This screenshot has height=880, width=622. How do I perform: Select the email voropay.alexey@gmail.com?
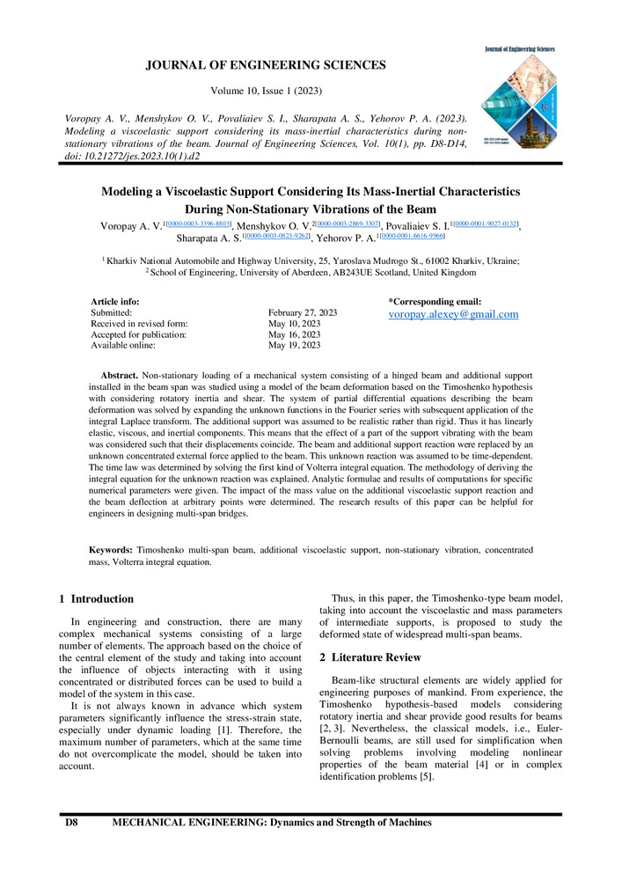point(453,314)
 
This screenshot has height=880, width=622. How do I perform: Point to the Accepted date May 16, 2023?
point(294,334)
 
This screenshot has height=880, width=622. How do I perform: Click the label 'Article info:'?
point(115,301)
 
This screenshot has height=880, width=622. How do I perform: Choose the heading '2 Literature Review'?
point(370,657)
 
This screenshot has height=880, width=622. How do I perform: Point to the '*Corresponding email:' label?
point(435,301)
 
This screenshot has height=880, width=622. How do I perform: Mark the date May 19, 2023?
point(294,346)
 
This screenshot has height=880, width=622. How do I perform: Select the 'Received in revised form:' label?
point(139,324)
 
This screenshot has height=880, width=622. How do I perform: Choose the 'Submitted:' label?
point(112,312)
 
